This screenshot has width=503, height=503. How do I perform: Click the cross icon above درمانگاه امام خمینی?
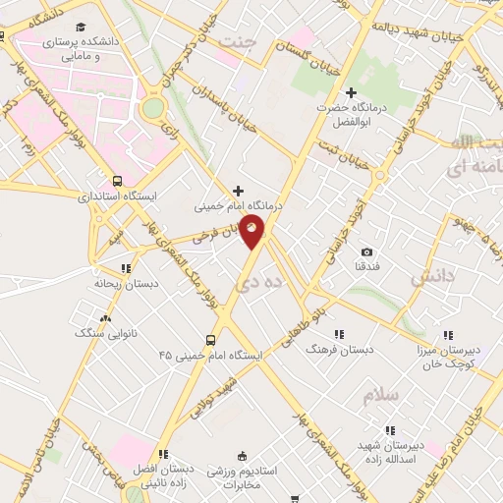point(237,191)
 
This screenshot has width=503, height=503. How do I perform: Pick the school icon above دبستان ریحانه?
point(125,267)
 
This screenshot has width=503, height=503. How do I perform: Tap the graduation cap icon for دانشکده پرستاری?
point(80,27)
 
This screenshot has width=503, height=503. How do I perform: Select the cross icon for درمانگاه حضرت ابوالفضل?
point(352,92)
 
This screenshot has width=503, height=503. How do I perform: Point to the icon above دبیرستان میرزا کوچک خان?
point(448,335)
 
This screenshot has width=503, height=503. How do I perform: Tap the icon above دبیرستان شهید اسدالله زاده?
point(390,429)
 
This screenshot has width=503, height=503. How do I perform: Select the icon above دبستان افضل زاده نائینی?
point(163,454)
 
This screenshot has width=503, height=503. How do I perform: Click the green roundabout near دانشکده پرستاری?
point(153,108)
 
